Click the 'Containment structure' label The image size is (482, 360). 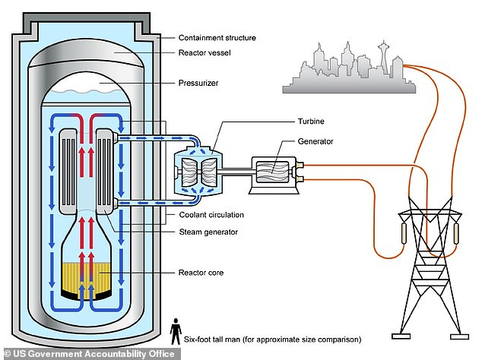pyautogui.click(x=217, y=37)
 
